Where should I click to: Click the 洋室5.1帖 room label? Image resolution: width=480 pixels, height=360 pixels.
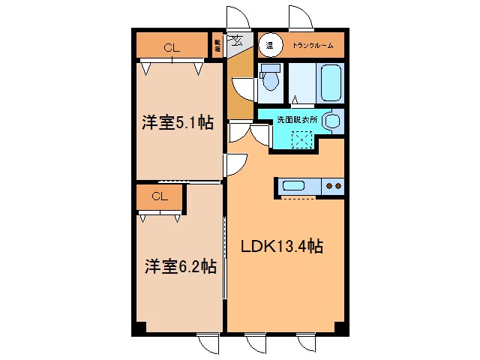(177, 123)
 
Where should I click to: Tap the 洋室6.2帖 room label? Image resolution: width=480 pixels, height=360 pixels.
(181, 265)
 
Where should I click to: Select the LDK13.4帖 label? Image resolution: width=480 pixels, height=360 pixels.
(281, 246)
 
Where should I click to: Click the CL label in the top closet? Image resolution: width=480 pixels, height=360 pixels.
(172, 48)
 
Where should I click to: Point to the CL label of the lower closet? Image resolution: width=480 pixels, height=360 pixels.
(159, 197)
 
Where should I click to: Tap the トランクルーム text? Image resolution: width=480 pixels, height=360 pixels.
(312, 46)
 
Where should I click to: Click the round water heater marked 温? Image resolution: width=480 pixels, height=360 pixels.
(269, 45)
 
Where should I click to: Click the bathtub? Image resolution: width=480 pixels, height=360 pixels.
(329, 82)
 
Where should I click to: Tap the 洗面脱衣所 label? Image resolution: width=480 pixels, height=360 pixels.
(297, 118)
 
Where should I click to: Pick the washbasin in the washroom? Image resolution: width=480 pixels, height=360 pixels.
(334, 120)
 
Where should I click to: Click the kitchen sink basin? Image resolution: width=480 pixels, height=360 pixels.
(293, 185)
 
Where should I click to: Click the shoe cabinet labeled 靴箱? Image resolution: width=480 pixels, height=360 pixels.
(217, 45)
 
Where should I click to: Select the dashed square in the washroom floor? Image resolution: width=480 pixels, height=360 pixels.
(301, 139)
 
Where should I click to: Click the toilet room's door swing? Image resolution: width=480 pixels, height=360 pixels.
(244, 88)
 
